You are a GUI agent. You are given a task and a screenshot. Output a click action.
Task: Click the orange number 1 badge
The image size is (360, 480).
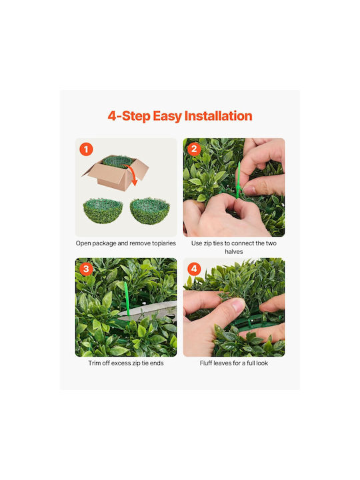tap(86, 149)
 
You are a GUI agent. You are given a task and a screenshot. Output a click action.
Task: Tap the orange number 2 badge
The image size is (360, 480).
tap(194, 149)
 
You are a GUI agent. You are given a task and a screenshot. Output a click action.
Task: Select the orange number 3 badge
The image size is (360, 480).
tap(86, 269)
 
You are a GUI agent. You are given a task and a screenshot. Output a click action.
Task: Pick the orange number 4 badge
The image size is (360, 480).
tap(194, 269)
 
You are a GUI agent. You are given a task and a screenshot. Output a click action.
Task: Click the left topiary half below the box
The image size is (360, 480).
tap(103, 211)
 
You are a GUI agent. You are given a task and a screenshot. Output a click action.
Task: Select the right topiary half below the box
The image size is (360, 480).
tap(150, 211)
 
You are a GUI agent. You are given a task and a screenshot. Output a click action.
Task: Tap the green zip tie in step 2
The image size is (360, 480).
tap(238, 181)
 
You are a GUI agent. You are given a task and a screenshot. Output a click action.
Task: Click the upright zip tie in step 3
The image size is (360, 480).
tap(127, 300)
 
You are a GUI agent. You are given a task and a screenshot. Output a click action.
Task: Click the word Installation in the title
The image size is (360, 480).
tap(218, 116)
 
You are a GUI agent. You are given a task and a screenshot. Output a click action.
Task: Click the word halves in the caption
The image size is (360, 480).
tap(234, 251)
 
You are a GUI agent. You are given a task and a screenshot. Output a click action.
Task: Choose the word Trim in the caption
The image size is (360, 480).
tap(94, 363)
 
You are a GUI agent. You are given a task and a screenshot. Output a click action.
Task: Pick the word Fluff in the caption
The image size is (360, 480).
tap(206, 363)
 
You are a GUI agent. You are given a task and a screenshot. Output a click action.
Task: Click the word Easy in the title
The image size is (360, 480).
tap(167, 117)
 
